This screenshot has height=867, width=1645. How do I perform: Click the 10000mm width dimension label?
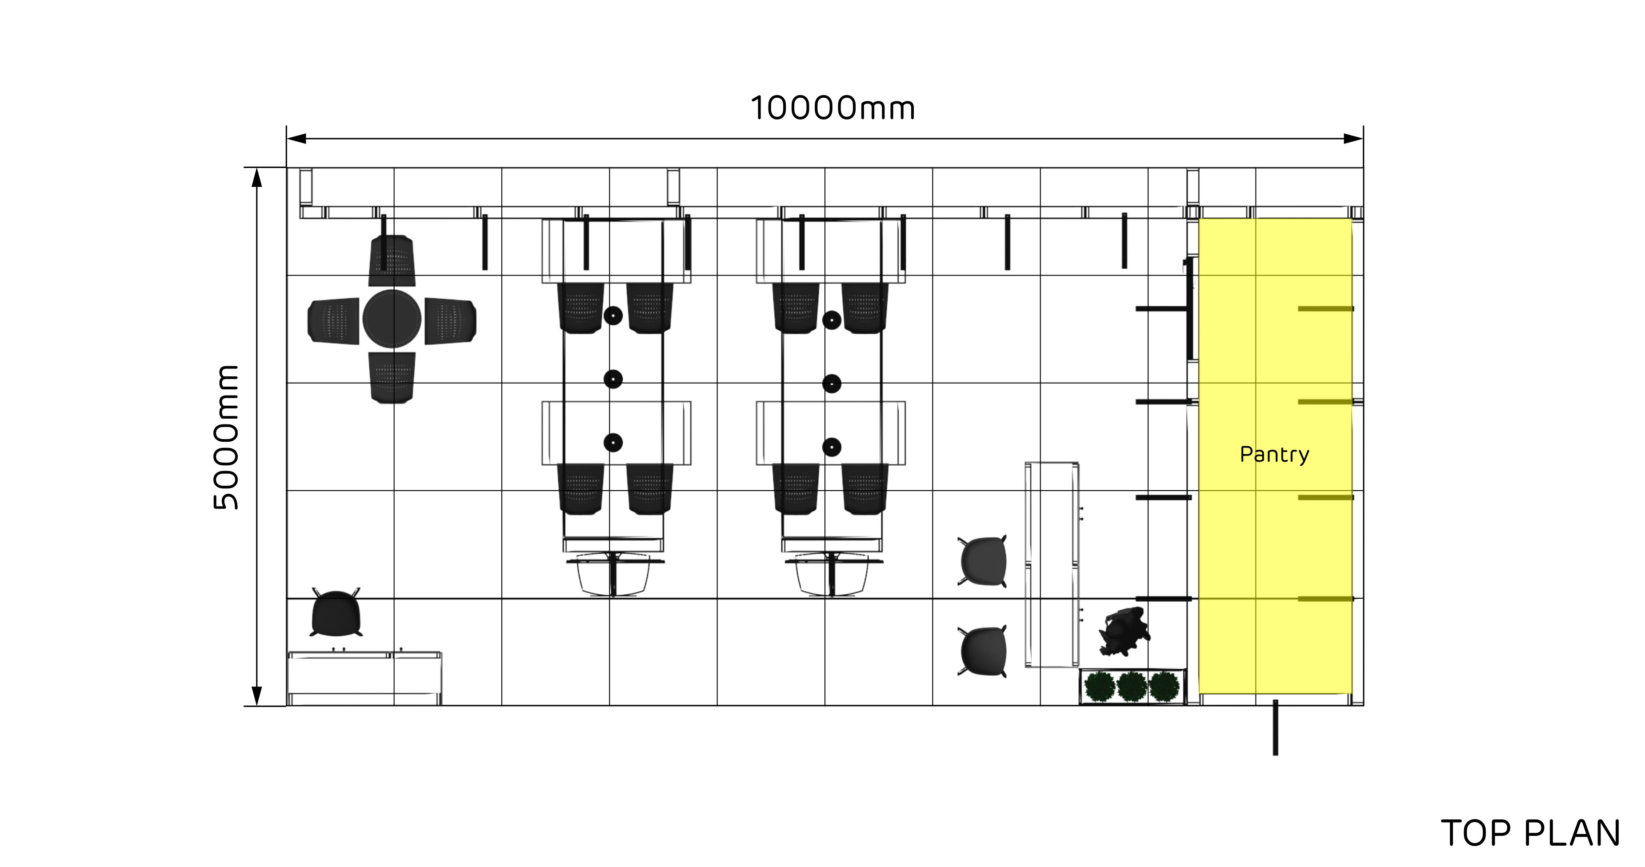tap(833, 108)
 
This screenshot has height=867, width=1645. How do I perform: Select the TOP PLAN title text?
tap(1530, 833)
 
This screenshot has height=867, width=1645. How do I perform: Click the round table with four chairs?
tap(392, 319)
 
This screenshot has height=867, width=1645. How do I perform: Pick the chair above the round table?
tap(392, 260)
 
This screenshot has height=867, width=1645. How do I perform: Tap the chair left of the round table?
tap(333, 320)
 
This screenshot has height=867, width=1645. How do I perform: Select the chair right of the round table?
tap(451, 320)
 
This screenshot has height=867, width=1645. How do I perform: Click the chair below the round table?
tap(392, 377)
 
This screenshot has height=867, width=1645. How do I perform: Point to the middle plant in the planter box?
tap(1132, 686)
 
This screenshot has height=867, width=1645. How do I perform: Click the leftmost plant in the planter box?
tap(1100, 686)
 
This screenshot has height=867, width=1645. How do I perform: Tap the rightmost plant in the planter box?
tap(1164, 686)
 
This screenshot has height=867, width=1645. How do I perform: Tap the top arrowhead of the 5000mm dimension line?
tap(257, 177)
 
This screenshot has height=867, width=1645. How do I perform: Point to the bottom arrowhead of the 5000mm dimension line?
tap(257, 696)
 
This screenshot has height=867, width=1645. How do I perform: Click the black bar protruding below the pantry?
tap(1275, 727)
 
